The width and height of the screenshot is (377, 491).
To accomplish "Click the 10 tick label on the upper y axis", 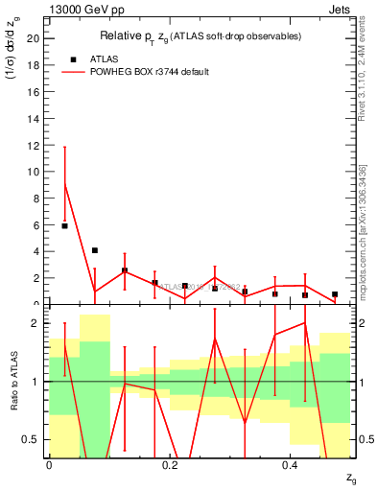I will coord(35,172).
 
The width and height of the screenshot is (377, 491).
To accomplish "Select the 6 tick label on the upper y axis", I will coord(37,225).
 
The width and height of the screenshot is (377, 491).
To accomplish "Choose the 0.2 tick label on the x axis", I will coord(170,465).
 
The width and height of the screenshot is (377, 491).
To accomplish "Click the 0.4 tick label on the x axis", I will coord(291,465).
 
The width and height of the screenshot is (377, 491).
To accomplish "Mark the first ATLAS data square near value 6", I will coord(64,225).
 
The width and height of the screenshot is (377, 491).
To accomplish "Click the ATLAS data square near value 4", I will coord(95,250).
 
